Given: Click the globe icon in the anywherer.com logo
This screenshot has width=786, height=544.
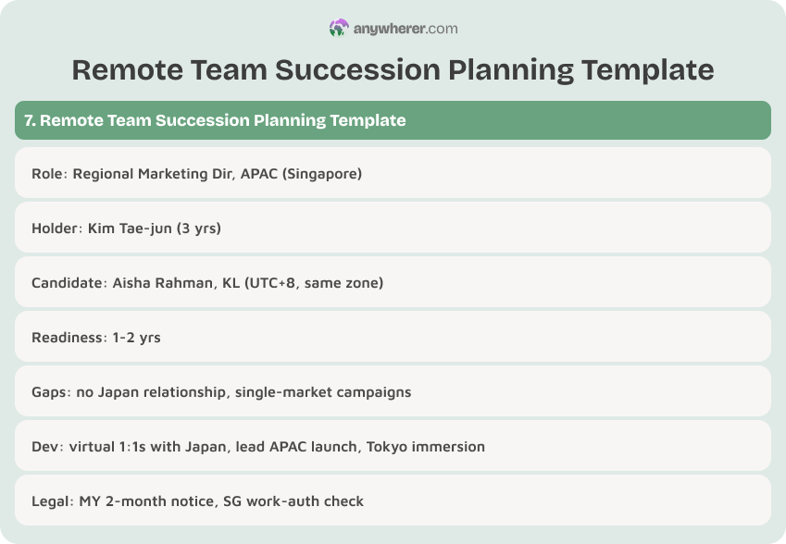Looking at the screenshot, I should (x=339, y=29).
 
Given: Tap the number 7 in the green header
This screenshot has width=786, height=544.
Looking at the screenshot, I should (x=29, y=120).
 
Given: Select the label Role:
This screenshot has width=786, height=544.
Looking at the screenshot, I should (x=48, y=173).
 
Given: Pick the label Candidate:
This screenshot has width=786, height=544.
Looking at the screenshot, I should (x=68, y=282).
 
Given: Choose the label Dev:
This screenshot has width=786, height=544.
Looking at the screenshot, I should (x=46, y=446).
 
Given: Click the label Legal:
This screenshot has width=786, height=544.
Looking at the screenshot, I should (x=52, y=501).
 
